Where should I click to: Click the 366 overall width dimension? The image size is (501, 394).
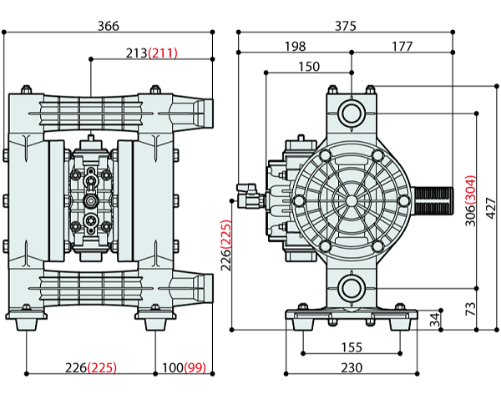pyautogui.click(x=109, y=26)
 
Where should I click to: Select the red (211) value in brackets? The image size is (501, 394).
pyautogui.click(x=163, y=53)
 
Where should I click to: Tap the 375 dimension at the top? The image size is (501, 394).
pyautogui.click(x=346, y=26)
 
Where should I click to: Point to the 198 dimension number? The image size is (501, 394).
pyautogui.click(x=294, y=46)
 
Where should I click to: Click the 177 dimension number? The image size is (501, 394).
pyautogui.click(x=402, y=46)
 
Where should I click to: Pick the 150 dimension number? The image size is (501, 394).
pyautogui.click(x=309, y=65)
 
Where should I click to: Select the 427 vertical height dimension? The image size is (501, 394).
pyautogui.click(x=491, y=205)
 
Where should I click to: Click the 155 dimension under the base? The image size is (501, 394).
pyautogui.click(x=351, y=346)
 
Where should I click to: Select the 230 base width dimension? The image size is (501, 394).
pyautogui.click(x=351, y=366)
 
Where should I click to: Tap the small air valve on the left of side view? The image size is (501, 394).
pyautogui.click(x=248, y=200)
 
